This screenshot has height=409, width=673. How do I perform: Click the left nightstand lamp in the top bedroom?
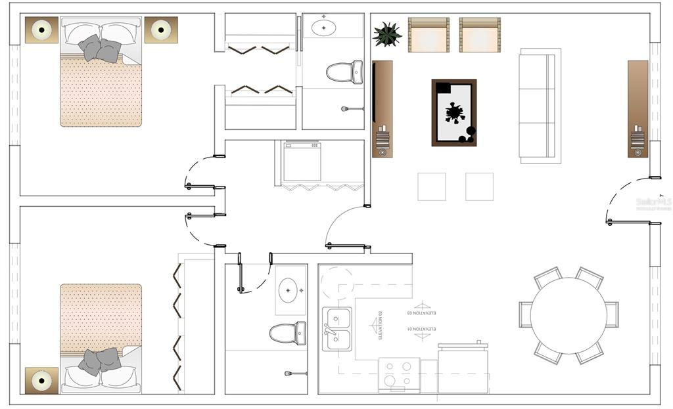coord(42,30)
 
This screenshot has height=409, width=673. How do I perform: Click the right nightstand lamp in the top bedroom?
coord(161,30)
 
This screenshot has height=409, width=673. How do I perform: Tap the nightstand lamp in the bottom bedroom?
coord(42,380)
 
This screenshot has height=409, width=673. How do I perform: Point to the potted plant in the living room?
coord(387,34)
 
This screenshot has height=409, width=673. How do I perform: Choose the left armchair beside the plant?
coord(429,35)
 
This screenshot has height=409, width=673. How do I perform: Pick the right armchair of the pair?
coord(480,35)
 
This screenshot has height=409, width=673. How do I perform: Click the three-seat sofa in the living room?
coord(539,105)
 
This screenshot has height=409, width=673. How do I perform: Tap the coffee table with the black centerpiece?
coord(454,113)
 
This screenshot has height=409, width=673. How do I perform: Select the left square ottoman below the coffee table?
coord(431,186)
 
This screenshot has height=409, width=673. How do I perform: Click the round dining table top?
coord(569,316)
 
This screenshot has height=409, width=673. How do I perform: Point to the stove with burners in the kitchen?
coord(399,375)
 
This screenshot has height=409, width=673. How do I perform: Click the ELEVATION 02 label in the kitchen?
coord(380,326)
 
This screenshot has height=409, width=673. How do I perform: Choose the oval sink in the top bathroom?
coord(323,28)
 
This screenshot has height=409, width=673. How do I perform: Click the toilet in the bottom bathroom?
coord(288,333)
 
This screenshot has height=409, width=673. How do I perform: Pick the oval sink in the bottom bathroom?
coord(290,290)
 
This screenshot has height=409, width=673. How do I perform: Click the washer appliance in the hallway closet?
coord(302,161)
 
